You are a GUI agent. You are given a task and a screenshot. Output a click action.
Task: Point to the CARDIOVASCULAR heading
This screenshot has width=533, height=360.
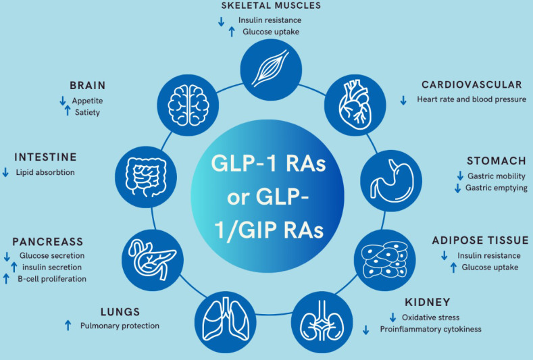click(472, 85)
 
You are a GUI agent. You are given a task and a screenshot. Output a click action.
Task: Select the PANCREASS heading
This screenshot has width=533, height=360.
click(47, 242)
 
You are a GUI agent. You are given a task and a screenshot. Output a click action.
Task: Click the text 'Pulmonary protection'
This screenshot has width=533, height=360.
click(120, 326)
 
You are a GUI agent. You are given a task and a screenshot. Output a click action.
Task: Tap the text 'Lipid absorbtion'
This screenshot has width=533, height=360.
click(45, 173)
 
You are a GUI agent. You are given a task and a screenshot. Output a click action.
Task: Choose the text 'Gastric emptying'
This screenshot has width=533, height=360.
click(497, 188)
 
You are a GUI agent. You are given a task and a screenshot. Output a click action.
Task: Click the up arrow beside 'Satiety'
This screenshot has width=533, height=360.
click(67, 111)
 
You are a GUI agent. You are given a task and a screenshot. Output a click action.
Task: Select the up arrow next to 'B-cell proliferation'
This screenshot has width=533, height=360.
click(7, 278)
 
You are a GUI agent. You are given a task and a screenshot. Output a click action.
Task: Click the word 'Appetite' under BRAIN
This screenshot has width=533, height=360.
click(88, 101)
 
